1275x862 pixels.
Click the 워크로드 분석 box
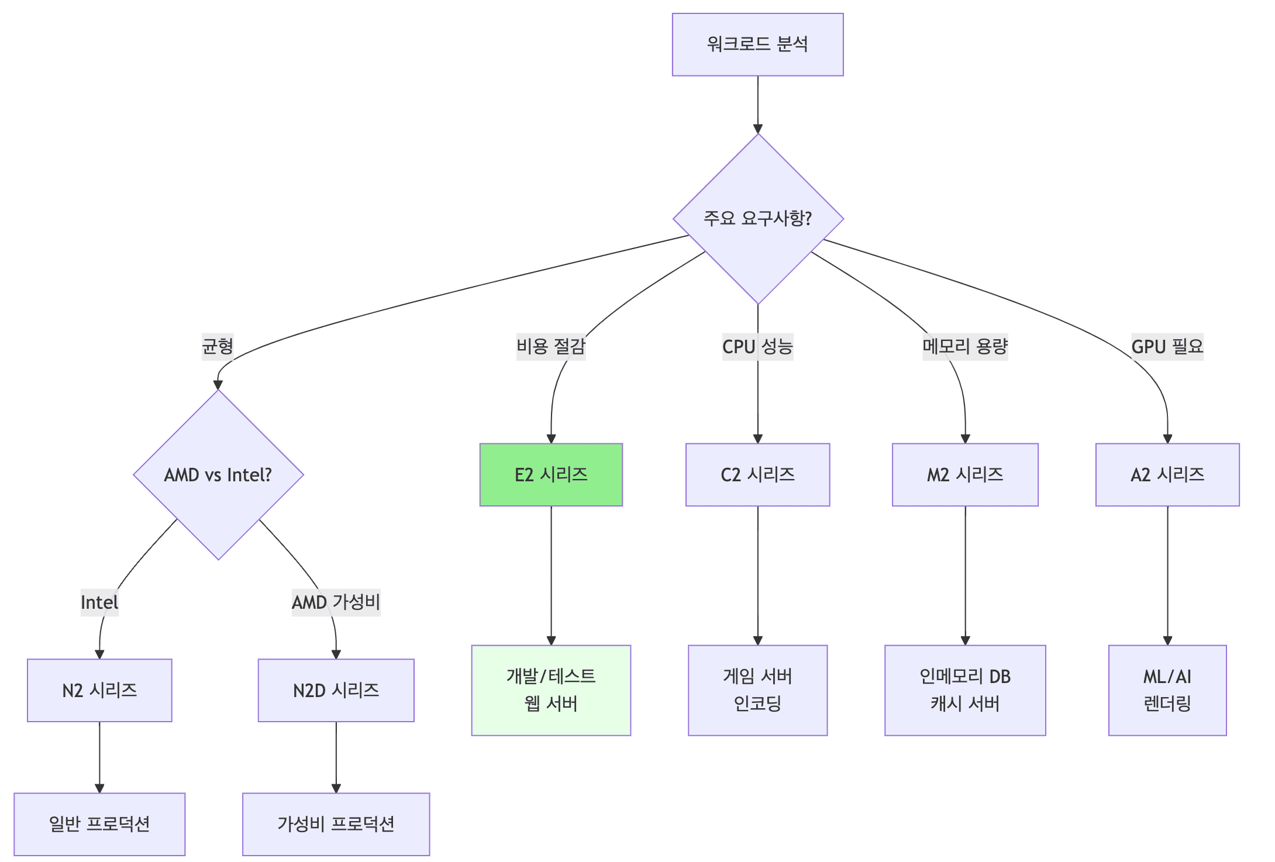(x=757, y=44)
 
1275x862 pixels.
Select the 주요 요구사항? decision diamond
(x=758, y=219)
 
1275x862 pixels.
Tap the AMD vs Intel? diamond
(x=218, y=474)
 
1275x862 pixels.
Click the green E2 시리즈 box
(x=551, y=474)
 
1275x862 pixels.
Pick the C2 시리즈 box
(x=757, y=474)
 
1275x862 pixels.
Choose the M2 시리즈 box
(x=965, y=474)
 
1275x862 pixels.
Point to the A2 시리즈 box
(x=1167, y=474)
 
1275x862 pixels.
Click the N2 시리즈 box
(x=99, y=690)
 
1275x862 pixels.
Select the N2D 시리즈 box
(x=336, y=690)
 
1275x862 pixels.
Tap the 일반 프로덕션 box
(x=99, y=824)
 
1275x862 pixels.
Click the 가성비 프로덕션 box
(x=336, y=824)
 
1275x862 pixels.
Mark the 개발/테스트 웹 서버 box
(x=551, y=690)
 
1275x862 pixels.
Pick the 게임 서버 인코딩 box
(x=757, y=690)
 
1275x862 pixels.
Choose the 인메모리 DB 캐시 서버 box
(x=965, y=690)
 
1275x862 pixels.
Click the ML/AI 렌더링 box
(x=1167, y=690)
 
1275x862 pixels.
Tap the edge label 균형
(x=218, y=346)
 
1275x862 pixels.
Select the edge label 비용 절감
(x=550, y=346)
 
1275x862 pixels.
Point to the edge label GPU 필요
(x=1167, y=346)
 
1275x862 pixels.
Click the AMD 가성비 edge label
(x=336, y=602)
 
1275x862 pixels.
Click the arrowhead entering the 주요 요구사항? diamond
(x=758, y=129)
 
